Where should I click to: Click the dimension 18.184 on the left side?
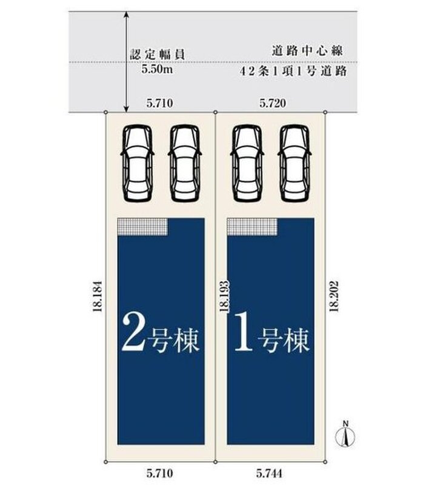(x=98, y=296)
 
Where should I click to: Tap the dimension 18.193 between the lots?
(x=224, y=296)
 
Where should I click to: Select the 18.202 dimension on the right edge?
(x=334, y=296)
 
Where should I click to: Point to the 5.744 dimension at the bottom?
(x=269, y=473)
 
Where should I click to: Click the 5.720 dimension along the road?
(x=273, y=103)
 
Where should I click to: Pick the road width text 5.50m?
(x=158, y=69)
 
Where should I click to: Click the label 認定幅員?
(x=158, y=55)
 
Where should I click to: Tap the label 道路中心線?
(x=307, y=51)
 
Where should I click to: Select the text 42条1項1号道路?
(x=293, y=72)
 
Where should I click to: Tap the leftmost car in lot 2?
(x=138, y=164)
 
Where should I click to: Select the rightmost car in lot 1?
(x=295, y=164)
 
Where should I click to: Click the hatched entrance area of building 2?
(x=142, y=227)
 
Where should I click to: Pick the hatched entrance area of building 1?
(x=252, y=227)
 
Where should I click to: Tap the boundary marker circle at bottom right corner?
(x=325, y=462)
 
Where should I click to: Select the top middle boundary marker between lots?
(x=216, y=112)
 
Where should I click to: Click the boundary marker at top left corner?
(x=105, y=112)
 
